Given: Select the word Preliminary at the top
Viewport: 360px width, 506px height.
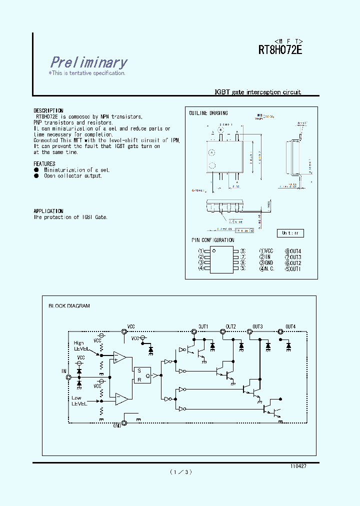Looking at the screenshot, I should tap(88, 62).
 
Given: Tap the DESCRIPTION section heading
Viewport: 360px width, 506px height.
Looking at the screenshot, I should tap(48, 110).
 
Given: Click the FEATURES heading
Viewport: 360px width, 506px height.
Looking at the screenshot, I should tap(44, 163).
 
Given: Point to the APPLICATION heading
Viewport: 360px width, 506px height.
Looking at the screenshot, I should tap(48, 211).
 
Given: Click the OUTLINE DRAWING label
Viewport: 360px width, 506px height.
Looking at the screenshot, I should tap(208, 113).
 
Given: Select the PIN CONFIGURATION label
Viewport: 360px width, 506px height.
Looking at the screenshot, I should tap(212, 240).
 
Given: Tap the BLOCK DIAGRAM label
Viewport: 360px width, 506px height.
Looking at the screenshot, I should tap(69, 305).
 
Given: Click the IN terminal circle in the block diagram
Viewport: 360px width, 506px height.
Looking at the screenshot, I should tap(68, 378).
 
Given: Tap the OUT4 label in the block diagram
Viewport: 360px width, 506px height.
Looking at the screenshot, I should tap(290, 326).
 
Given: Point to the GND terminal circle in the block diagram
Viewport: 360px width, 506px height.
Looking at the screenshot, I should tap(124, 423).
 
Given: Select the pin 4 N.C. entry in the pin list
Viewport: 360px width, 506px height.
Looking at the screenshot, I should tap(266, 268).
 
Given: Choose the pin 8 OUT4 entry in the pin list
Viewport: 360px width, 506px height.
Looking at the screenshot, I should tap(293, 251).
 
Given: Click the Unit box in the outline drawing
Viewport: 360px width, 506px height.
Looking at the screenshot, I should tap(290, 233).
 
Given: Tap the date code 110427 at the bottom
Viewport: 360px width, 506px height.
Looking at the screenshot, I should tap(298, 465).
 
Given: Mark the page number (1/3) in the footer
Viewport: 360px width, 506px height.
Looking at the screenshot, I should tap(180, 471).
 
